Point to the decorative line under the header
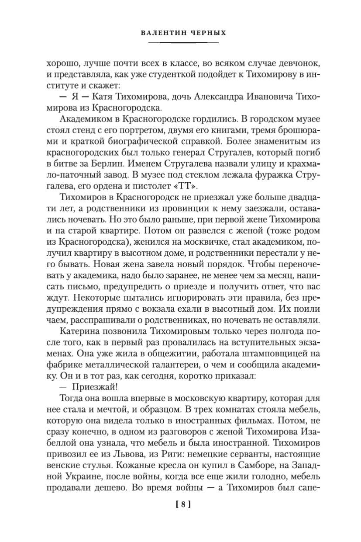(183, 43)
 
